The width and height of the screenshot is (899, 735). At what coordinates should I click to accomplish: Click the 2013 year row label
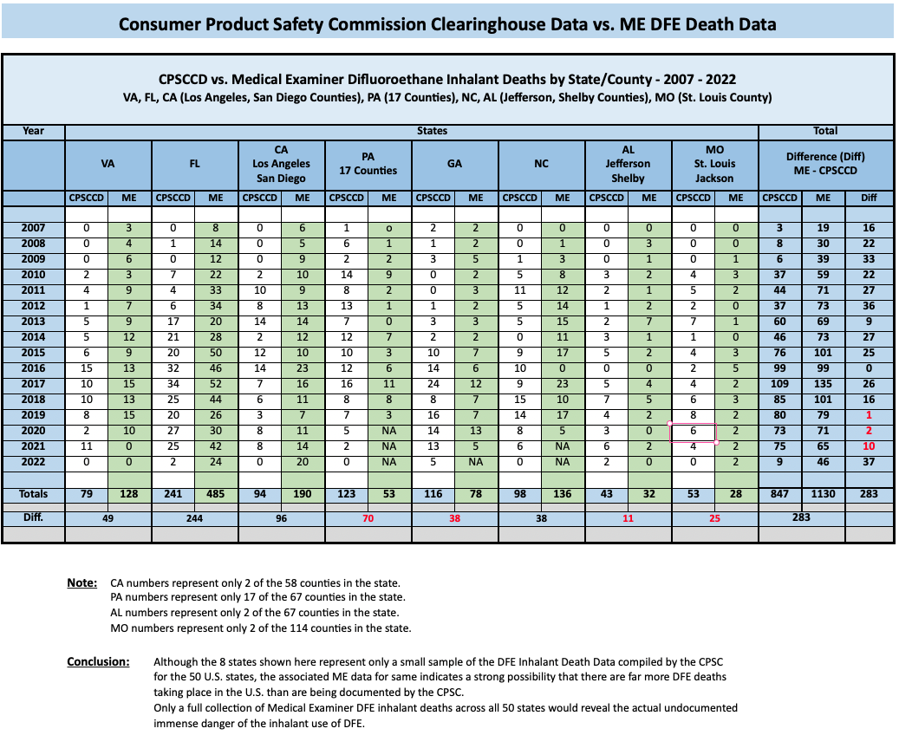(33, 322)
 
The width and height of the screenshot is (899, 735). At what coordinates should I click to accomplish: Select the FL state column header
(195, 164)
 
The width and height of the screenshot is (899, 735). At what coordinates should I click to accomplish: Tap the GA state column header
(454, 164)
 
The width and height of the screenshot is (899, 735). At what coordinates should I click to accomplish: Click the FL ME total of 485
(216, 494)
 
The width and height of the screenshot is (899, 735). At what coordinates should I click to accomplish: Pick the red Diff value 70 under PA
(368, 518)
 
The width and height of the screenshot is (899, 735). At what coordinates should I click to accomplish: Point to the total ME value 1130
(824, 494)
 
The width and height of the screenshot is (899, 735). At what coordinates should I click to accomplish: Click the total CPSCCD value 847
(779, 494)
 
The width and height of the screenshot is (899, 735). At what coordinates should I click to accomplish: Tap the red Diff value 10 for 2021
(870, 446)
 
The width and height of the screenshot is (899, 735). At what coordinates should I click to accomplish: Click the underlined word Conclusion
(98, 661)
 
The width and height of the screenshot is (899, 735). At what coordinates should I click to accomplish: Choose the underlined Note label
(82, 583)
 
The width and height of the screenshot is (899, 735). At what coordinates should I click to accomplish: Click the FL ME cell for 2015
(216, 353)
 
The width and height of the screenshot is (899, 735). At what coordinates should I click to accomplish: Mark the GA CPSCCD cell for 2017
(433, 384)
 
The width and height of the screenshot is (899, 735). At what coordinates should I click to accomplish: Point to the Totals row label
(33, 494)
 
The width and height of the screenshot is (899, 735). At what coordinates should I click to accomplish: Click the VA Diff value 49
(107, 518)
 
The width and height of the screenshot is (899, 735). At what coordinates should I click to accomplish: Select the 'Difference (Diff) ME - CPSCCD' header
(825, 164)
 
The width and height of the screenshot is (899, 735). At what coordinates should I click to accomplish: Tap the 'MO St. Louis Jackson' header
(714, 164)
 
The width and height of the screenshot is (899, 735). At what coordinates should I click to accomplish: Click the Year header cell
(33, 131)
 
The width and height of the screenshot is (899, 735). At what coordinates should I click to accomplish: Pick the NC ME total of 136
(563, 494)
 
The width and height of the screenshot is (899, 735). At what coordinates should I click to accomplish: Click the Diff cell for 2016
(870, 368)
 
